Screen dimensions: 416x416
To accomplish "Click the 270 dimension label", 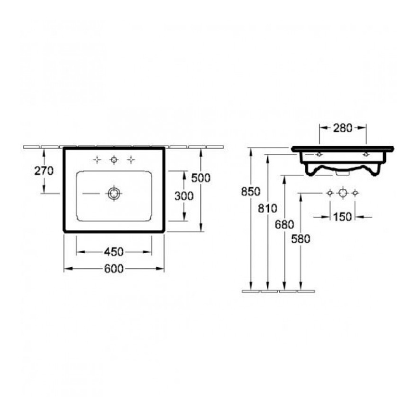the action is coord(44,171).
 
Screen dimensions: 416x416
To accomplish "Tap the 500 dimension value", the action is coord(201,178).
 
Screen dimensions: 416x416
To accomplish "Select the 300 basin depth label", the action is coord(184,196).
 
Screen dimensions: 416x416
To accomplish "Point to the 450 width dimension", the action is coord(114,252).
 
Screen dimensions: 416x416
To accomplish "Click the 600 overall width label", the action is coord(114,269).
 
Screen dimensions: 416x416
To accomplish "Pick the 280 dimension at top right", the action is coord(343,128).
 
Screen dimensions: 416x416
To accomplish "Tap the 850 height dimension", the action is coord(251,191).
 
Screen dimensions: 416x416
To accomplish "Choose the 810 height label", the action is coord(268,209).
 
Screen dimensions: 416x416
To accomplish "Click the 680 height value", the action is coord(284,225).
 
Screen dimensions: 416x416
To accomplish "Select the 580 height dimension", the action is coord(301,239).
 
